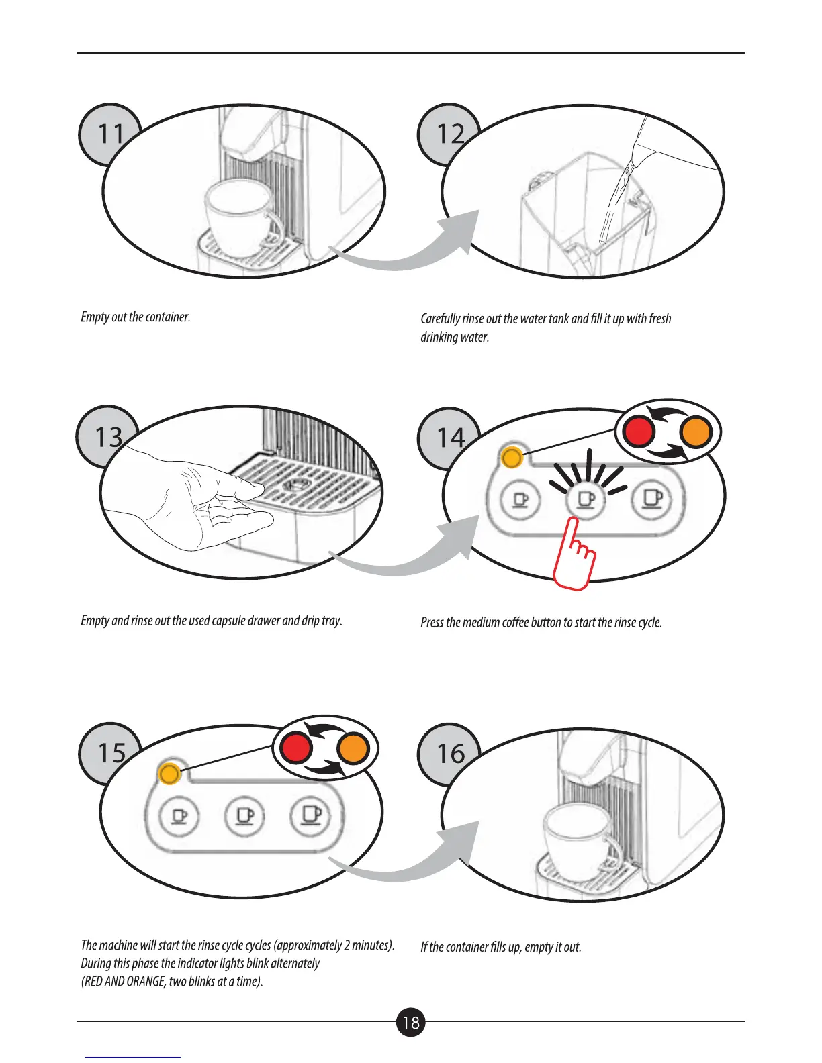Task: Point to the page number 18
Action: (x=411, y=1022)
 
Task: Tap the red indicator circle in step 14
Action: (x=638, y=432)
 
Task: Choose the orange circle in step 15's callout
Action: (x=353, y=748)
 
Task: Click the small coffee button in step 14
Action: (x=520, y=500)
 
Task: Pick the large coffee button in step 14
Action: (x=652, y=499)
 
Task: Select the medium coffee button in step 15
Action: (x=244, y=816)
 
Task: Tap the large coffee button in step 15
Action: (x=310, y=815)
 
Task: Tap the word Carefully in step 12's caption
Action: (x=441, y=319)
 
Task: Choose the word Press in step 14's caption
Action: (x=432, y=622)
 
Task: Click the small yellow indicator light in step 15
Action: (x=169, y=774)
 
